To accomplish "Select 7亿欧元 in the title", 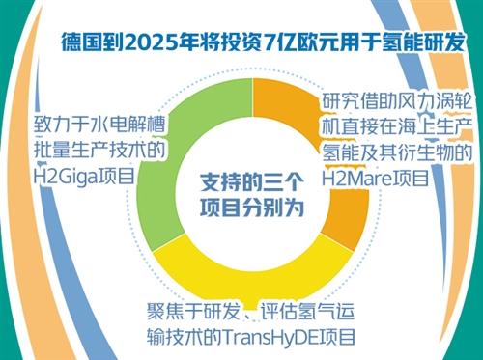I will (306, 43).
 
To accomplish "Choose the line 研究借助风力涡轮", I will (397, 101).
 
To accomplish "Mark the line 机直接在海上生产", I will (397, 126).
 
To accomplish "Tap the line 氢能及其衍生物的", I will (397, 152).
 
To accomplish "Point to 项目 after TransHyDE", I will (338, 338).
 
